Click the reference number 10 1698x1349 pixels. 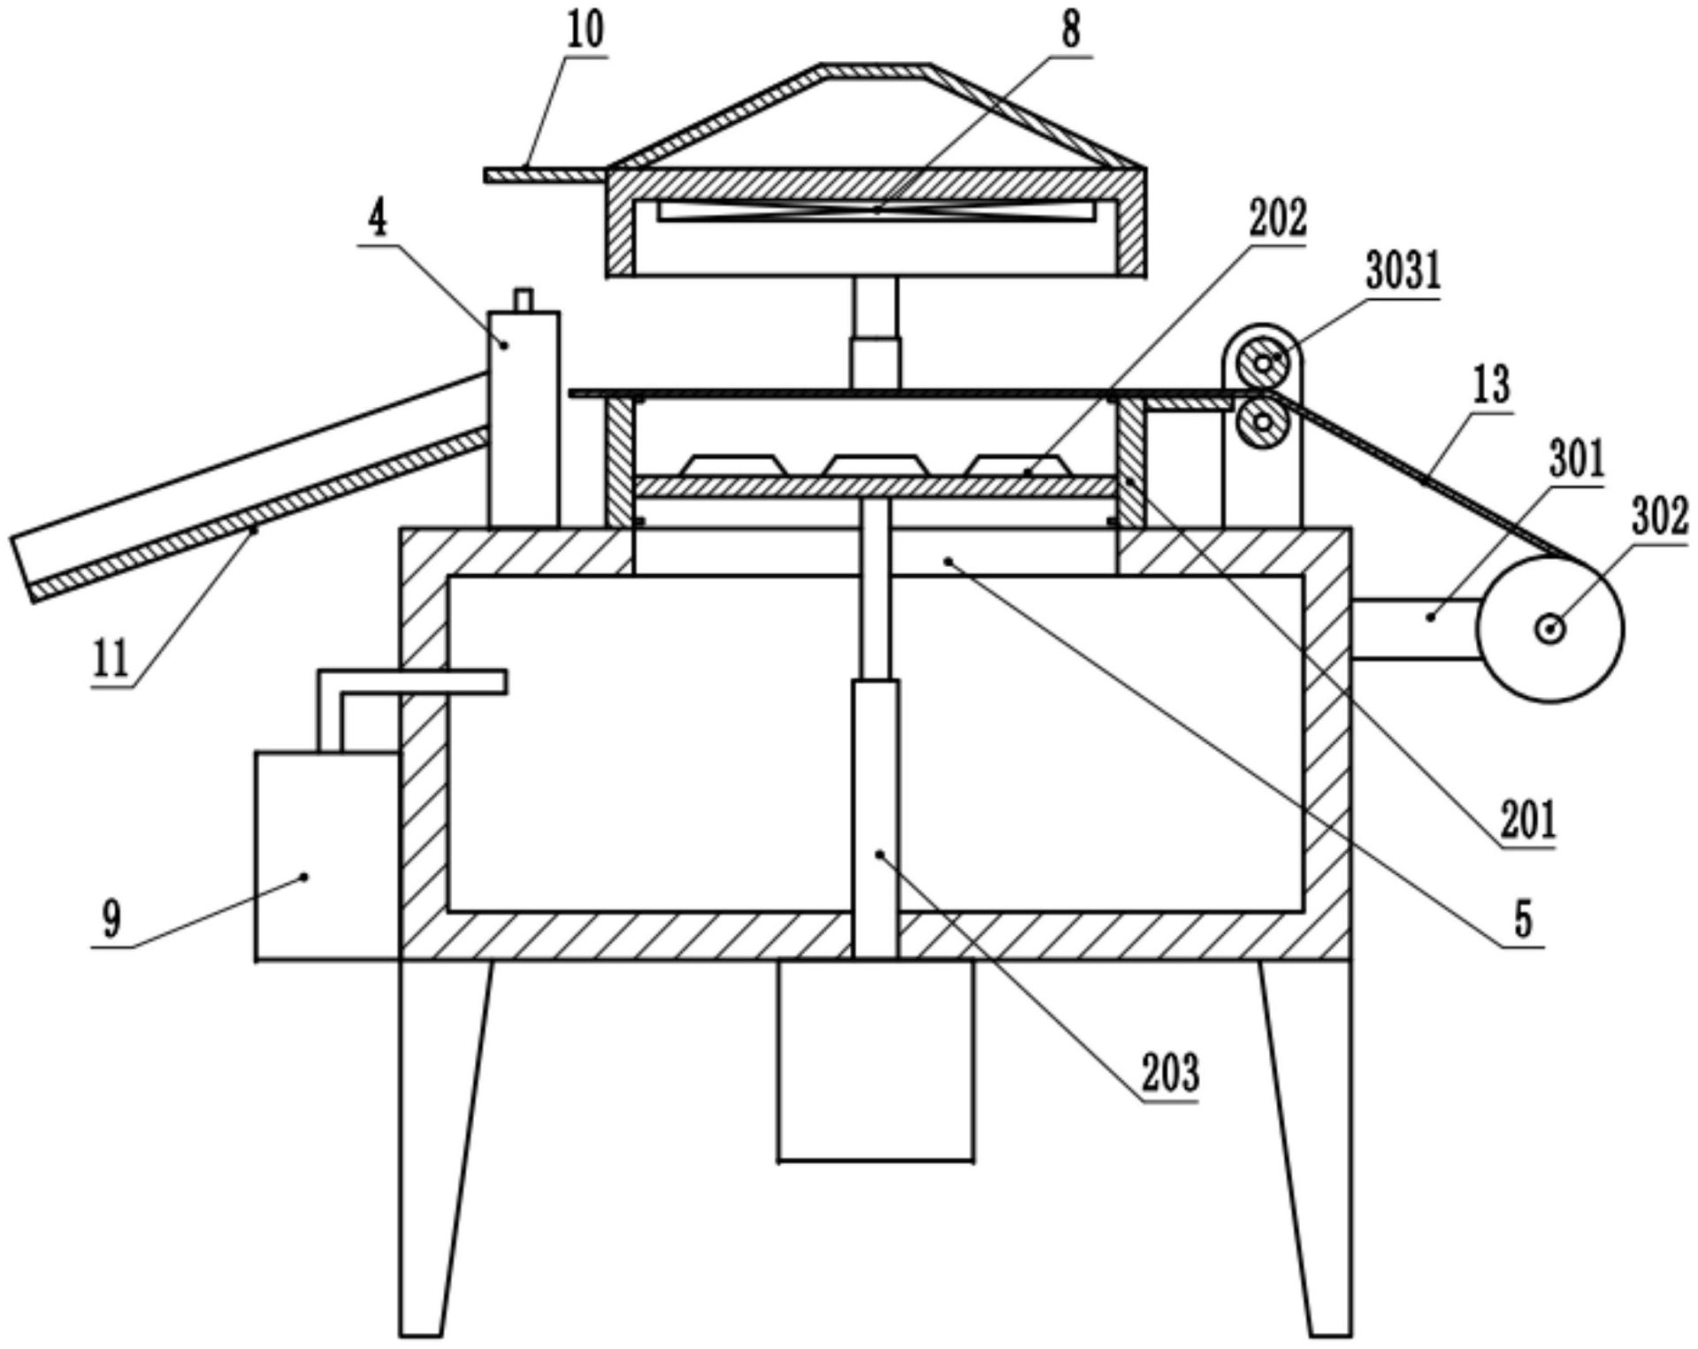585,30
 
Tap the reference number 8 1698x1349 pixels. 1071,31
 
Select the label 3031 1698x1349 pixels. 1404,272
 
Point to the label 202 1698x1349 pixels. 1277,218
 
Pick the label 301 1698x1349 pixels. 1577,459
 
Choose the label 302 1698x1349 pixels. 1659,517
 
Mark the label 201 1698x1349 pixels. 1526,820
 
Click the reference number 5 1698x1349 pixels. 1522,919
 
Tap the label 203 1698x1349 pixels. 1170,1073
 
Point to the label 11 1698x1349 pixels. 111,659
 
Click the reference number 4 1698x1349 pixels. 378,218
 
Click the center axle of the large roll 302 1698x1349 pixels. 1550,629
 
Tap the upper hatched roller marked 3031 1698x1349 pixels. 1263,363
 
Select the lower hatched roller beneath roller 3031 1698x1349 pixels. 1263,422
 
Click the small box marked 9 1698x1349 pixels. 327,855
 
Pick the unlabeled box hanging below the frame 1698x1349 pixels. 876,1061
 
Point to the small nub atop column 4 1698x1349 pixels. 524,300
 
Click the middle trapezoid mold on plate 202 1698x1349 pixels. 875,465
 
